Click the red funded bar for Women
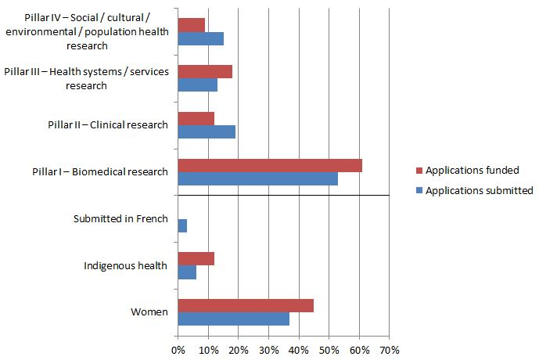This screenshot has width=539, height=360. tap(246, 305)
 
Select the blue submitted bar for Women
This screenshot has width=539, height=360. tap(233, 319)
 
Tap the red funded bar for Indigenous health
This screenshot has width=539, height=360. tap(196, 259)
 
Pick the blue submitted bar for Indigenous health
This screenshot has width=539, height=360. tap(187, 272)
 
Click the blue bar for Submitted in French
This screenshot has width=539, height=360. tap(182, 225)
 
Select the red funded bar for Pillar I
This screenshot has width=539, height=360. tap(270, 165)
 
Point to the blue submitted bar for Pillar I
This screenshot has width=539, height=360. tap(258, 178)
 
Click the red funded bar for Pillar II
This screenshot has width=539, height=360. tap(196, 119)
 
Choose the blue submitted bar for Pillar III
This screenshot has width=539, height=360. tap(197, 85)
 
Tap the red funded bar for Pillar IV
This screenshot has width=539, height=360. tap(191, 25)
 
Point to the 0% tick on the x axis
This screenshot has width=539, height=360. tap(178, 349)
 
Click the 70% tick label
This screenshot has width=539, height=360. tap(390, 349)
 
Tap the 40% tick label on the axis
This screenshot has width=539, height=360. tap(299, 349)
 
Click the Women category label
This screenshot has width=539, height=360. tap(149, 312)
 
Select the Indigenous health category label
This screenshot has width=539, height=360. tap(126, 266)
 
